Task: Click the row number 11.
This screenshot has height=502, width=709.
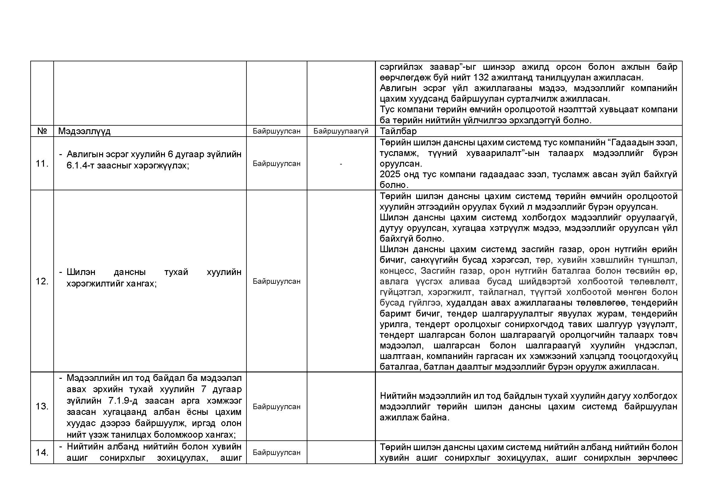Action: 42,164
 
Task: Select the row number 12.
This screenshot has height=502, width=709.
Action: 42,281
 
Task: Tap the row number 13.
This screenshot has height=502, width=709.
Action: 42,406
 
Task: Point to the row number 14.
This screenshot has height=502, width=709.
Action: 42,452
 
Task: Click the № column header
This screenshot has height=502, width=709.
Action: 42,131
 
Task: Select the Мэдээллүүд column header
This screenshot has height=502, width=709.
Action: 84,131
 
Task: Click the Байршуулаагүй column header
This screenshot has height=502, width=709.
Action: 341,131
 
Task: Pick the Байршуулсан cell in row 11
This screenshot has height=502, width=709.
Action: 276,164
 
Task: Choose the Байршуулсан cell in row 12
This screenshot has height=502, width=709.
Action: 276,281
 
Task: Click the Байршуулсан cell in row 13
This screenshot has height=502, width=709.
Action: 276,406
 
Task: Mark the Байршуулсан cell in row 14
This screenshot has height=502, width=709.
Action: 276,453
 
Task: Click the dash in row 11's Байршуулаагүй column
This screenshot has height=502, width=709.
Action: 341,164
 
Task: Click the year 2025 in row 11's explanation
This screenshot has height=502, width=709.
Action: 390,174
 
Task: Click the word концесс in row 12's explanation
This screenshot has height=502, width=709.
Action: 396,271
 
